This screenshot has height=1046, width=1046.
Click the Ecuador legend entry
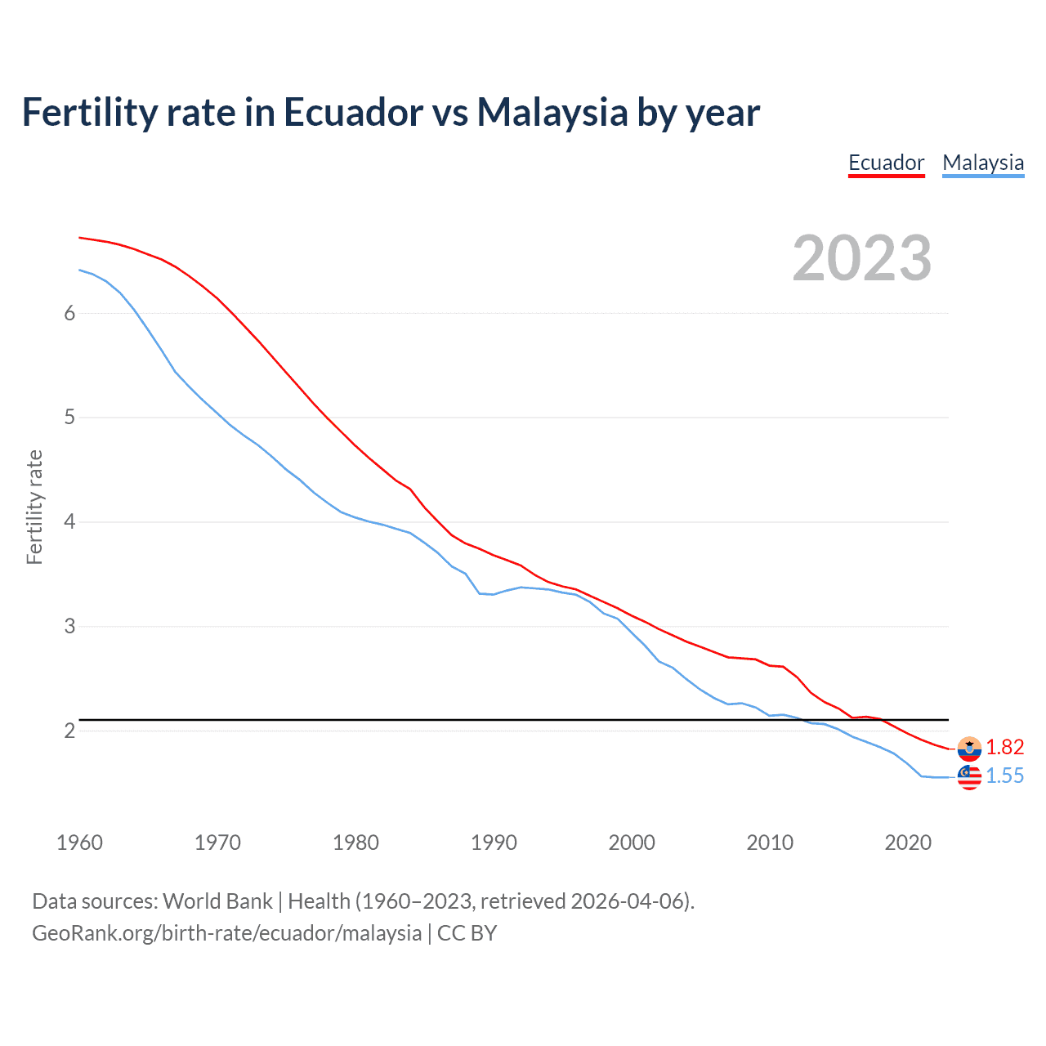point(886,163)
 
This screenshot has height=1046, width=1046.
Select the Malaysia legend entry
point(982,163)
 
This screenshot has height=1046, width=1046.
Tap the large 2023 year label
point(861,258)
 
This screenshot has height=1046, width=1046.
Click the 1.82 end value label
point(1004,747)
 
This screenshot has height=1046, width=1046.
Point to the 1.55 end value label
point(1004,776)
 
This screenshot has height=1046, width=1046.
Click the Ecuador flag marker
point(969,748)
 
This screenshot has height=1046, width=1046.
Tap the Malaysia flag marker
point(969,777)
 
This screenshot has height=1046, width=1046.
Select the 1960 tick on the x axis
point(79,843)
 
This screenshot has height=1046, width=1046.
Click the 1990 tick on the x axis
point(494,843)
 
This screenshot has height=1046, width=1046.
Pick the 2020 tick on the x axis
point(908,843)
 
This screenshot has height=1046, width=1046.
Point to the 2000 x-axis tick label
point(632,843)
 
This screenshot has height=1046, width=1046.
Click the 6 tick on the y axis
point(69,313)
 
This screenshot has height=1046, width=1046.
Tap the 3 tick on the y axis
point(69,626)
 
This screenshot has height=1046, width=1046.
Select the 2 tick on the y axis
point(69,731)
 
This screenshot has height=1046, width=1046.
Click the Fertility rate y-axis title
point(34,507)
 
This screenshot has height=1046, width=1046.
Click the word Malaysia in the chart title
point(552,112)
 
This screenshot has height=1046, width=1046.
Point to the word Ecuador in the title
point(353,112)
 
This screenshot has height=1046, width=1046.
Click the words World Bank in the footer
point(217,901)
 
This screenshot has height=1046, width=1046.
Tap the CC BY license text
point(467,933)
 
